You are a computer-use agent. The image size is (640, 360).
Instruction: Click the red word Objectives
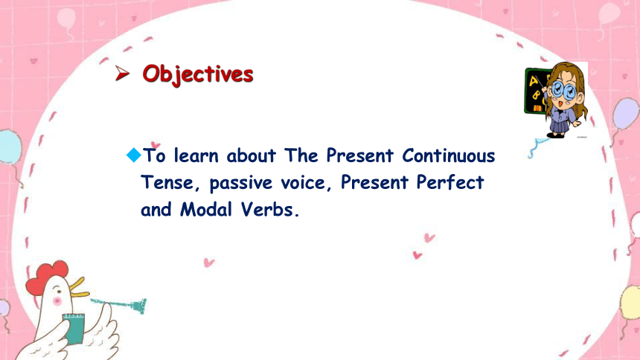point(198,74)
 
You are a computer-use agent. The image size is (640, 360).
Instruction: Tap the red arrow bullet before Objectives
point(121,74)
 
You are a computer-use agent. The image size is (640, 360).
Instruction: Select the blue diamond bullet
point(133,155)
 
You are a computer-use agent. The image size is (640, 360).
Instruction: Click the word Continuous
point(448,155)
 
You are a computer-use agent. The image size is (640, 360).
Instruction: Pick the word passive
point(240,183)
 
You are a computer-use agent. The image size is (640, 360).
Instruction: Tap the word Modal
point(205,210)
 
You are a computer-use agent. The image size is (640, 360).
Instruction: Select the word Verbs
point(269,210)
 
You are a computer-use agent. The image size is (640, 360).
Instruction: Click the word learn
point(196,155)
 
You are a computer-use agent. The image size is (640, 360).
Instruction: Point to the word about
point(251,155)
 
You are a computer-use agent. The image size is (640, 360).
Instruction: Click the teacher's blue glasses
point(563,90)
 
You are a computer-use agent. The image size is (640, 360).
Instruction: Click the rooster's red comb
point(46,275)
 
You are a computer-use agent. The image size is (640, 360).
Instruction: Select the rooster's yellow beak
point(78,287)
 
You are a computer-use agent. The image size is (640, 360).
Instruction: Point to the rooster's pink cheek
point(57,302)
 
